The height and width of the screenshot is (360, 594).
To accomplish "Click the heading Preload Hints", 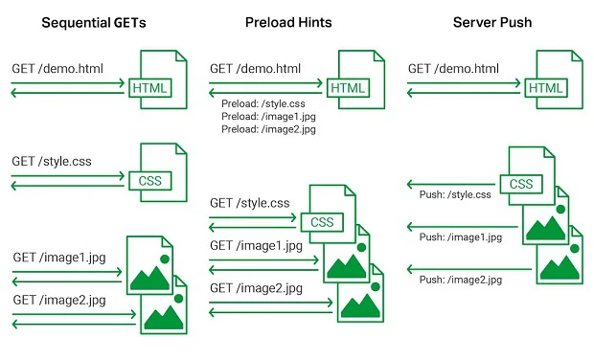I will (296, 22).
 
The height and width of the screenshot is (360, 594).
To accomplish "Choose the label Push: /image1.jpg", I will (460, 236).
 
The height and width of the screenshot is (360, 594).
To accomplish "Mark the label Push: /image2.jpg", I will (460, 280).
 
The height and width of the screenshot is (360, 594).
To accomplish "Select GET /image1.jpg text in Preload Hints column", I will (257, 245).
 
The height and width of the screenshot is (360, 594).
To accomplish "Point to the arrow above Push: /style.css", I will (448, 183).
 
